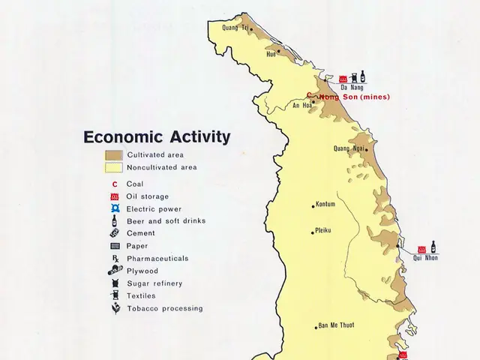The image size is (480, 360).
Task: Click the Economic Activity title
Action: coord(157,137)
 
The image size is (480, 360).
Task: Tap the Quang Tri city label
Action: coord(235,28)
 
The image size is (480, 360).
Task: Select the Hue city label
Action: coord(271,53)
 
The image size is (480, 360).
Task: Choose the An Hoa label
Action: coord(301,106)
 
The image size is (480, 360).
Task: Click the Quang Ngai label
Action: coord(349,148)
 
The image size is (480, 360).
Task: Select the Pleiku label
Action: coord(323,230)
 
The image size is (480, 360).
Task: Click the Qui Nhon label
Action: coord(425,258)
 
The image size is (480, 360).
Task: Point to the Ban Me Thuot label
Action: coord(335,325)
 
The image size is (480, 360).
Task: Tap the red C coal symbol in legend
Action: coord(115,184)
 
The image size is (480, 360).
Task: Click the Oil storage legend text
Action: coord(148,196)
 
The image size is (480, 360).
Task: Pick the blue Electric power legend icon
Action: coord(115,208)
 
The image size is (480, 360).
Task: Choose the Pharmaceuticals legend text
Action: coord(157,259)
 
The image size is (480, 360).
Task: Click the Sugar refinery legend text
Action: coord(154,283)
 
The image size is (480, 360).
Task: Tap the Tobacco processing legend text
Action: coord(164,308)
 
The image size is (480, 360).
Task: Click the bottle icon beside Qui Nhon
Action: coord(433,247)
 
